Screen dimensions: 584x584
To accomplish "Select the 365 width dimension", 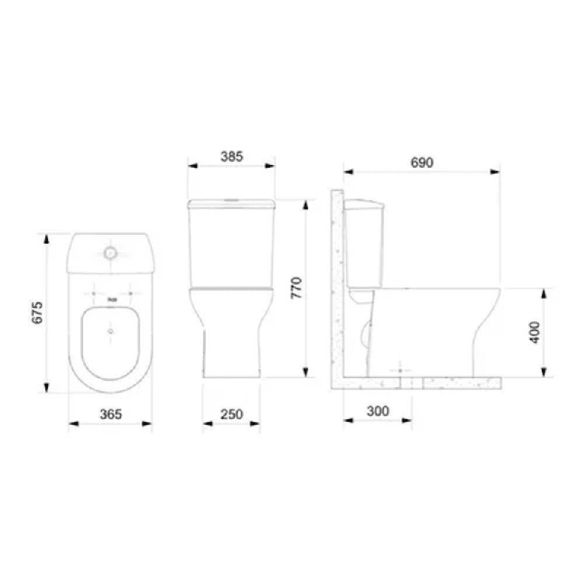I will point(110,414).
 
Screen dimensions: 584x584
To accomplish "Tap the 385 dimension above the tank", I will point(231,157).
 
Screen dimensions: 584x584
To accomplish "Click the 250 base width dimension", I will point(231,414).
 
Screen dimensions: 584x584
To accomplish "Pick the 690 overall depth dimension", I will point(422,163).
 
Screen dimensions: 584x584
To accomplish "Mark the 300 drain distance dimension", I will point(377,411).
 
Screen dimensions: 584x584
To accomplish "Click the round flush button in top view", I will point(110,253).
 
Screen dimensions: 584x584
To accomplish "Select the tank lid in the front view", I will point(231,204).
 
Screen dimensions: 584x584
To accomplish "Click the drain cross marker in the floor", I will point(400,370).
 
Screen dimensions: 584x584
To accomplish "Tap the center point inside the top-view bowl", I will point(110,331).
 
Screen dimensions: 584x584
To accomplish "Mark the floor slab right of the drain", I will point(461,383).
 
